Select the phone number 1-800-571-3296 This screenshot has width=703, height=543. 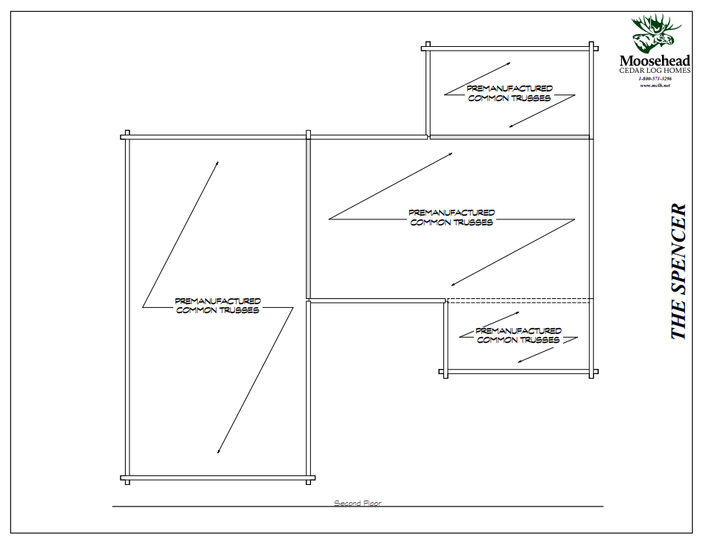[x=655, y=78]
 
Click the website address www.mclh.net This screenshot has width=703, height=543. [x=655, y=86]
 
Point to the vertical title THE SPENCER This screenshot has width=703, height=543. [x=678, y=271]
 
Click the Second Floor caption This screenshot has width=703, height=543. [x=357, y=504]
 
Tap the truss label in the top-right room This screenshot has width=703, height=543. [x=510, y=94]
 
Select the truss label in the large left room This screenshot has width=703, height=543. [x=217, y=306]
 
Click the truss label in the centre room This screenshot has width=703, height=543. [x=452, y=217]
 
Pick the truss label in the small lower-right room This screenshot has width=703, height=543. [x=518, y=335]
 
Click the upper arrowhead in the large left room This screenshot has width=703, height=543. [x=217, y=161]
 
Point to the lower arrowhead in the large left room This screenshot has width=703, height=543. [x=218, y=451]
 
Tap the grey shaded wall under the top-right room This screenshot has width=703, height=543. [x=510, y=137]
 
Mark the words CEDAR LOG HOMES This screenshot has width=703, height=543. [x=655, y=71]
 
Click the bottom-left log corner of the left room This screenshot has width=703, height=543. [x=126, y=478]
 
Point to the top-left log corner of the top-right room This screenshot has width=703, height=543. [x=427, y=48]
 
